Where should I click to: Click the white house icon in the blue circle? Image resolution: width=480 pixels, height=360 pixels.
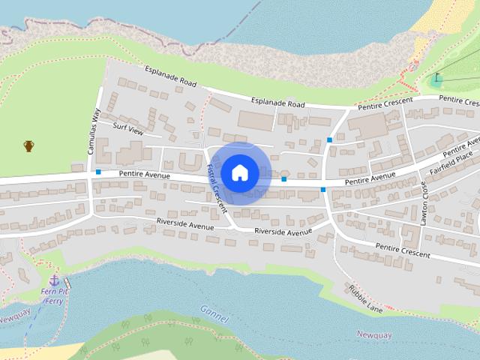[x=239, y=172]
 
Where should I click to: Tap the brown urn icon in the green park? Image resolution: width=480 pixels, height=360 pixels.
[x=28, y=145]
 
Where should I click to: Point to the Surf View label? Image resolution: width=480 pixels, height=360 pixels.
[x=127, y=127]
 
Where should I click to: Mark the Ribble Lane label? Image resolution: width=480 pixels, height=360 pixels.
[x=364, y=298]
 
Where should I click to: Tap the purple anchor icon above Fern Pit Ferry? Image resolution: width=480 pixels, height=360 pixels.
[x=54, y=280]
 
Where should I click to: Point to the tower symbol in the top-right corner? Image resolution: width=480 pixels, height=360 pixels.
[x=436, y=77]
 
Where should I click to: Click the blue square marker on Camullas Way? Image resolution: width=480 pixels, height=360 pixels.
[x=98, y=172]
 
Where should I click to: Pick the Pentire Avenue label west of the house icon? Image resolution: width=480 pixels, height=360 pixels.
[x=145, y=175]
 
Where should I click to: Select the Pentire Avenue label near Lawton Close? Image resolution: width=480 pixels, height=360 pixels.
[x=370, y=178]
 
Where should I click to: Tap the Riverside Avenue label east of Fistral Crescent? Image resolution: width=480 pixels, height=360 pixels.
[x=283, y=232]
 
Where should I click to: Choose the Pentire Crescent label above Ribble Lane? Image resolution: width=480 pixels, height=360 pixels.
[x=403, y=250]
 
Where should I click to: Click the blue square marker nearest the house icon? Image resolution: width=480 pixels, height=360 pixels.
[x=283, y=179]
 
